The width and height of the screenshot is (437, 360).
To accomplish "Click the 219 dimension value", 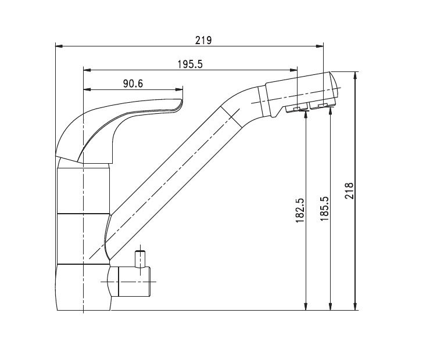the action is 203,41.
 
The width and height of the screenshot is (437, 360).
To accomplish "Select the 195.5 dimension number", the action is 191,64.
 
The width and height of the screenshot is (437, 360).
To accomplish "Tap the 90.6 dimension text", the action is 133,84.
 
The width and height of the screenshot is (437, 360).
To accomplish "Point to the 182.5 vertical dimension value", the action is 300,210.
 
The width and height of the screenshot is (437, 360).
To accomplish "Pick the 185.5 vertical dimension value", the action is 324,209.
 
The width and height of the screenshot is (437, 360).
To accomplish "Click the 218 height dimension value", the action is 349,190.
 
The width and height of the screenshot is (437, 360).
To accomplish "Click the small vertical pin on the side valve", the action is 140,259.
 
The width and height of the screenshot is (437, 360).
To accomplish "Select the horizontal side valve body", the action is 131,282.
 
